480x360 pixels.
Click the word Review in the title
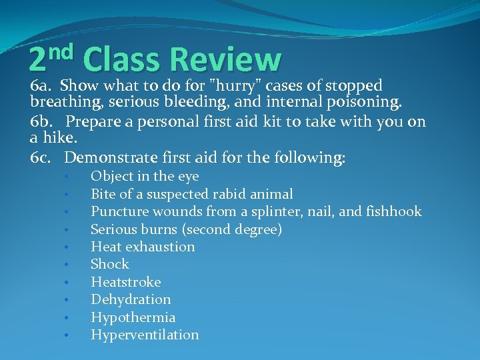coord(225,59)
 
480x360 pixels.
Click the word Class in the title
coord(122,59)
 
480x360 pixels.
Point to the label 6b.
coord(42,122)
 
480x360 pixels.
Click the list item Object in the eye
coord(145,176)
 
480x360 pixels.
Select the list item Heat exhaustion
coord(143,247)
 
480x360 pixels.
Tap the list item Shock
coord(109,264)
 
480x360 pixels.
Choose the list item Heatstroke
coord(125,282)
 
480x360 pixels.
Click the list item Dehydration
coord(131,299)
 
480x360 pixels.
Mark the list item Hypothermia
coord(133,317)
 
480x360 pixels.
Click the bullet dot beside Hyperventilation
coord(67,335)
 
